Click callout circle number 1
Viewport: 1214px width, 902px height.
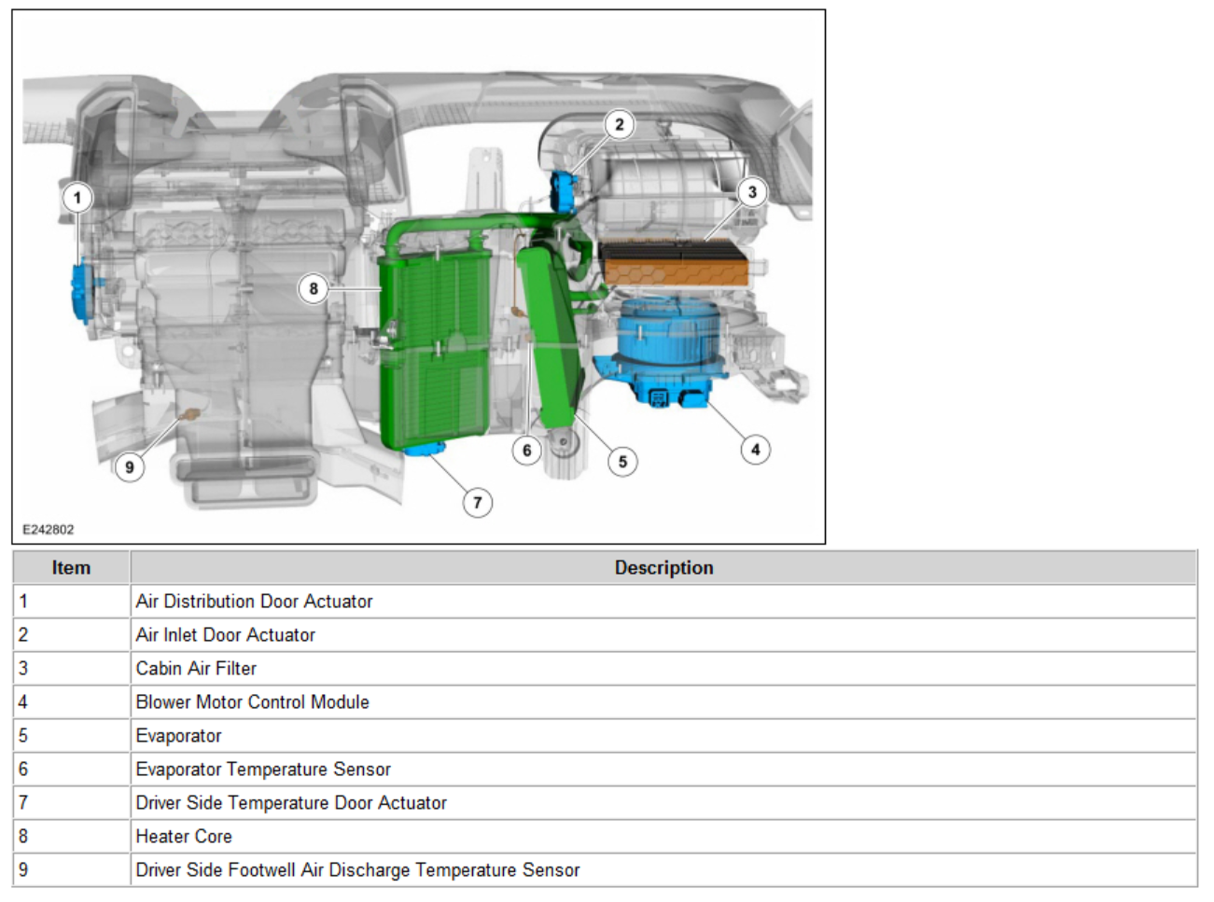[77, 198]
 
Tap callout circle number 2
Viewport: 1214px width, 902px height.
[619, 124]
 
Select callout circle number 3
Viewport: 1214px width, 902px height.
[752, 192]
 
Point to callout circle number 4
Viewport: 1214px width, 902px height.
[755, 450]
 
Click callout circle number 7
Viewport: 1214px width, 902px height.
[478, 503]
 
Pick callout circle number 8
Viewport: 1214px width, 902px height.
[314, 288]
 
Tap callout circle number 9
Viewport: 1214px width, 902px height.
[130, 467]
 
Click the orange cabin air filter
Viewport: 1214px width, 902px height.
[675, 263]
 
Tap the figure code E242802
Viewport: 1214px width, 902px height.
[49, 529]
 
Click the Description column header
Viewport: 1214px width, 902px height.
[663, 567]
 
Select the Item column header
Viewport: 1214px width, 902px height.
[71, 567]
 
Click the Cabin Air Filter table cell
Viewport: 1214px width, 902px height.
[196, 669]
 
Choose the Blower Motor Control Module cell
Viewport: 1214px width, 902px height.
[252, 702]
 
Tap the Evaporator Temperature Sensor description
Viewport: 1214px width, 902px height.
[263, 770]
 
